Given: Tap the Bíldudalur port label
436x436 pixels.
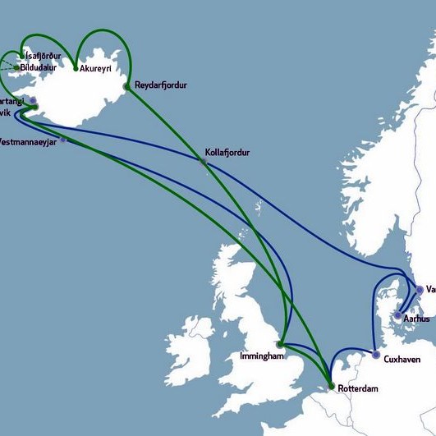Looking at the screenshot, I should pyautogui.click(x=42, y=67).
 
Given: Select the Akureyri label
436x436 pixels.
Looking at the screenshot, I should pyautogui.click(x=96, y=69).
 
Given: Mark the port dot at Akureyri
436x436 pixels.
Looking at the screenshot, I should pyautogui.click(x=76, y=68).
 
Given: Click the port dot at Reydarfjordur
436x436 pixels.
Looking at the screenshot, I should pyautogui.click(x=126, y=85).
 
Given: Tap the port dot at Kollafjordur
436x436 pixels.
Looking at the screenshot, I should pyautogui.click(x=204, y=162).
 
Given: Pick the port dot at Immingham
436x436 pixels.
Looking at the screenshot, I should pyautogui.click(x=281, y=344).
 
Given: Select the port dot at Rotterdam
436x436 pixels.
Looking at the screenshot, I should pyautogui.click(x=331, y=386).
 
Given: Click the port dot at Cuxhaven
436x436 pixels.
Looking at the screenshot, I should pyautogui.click(x=375, y=356).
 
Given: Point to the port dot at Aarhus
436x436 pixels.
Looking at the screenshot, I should pyautogui.click(x=398, y=315).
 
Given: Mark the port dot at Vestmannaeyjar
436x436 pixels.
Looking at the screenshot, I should pyautogui.click(x=64, y=140).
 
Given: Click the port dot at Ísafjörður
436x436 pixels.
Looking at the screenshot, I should pyautogui.click(x=21, y=57).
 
